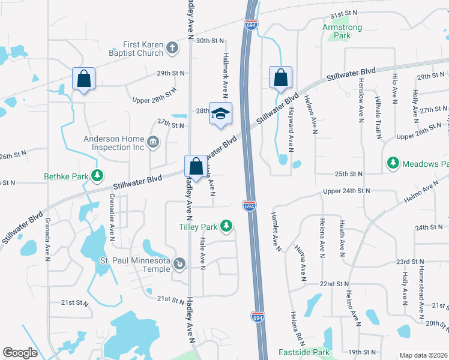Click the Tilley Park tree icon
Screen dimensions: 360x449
pyautogui.click(x=226, y=226)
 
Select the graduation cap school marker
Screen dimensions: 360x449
pyautogui.click(x=220, y=113)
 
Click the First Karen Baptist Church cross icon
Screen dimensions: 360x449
pyautogui.click(x=173, y=49)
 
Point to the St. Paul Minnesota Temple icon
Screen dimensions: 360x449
pyautogui.click(x=179, y=263)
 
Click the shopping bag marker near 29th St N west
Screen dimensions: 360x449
pyautogui.click(x=83, y=78)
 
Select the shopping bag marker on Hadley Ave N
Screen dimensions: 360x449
pyautogui.click(x=196, y=166)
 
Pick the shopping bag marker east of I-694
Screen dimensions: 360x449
pyautogui.click(x=280, y=77)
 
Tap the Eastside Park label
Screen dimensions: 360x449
pyautogui.click(x=304, y=352)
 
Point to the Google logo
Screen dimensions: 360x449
pyautogui.click(x=20, y=353)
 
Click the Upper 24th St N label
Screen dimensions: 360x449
pyautogui.click(x=348, y=191)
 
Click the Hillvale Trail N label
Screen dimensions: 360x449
pyautogui.click(x=378, y=118)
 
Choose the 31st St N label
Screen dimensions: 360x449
pyautogui.click(x=343, y=13)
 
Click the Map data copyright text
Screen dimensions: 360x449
pyautogui.click(x=423, y=355)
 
